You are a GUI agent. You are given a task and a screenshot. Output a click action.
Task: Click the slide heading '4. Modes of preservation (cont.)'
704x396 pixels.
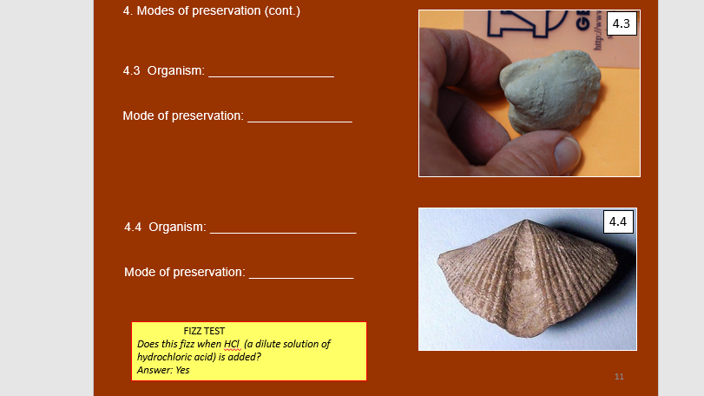[x=212, y=11]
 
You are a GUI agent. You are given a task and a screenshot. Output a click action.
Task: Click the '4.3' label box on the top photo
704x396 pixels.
[x=621, y=24]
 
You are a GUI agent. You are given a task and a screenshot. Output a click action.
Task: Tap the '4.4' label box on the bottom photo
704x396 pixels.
[x=618, y=221]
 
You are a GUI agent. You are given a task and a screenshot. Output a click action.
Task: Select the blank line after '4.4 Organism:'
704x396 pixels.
[x=283, y=229]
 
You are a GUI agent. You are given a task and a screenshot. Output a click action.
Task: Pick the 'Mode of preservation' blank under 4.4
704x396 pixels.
[x=301, y=274]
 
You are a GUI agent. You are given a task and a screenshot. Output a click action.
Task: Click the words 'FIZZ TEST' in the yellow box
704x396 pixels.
[x=204, y=331]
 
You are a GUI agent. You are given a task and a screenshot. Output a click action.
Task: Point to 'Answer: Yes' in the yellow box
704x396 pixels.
[x=163, y=370]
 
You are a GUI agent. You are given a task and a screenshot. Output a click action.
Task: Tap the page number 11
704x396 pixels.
[x=619, y=376]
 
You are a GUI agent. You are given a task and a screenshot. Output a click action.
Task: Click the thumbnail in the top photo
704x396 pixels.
[x=566, y=153]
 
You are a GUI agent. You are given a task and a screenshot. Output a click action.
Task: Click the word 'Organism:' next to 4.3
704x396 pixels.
[x=176, y=70]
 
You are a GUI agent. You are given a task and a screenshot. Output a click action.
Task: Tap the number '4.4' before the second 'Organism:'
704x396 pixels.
[x=134, y=228]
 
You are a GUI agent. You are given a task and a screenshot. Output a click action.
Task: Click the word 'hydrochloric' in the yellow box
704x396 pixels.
[x=165, y=357]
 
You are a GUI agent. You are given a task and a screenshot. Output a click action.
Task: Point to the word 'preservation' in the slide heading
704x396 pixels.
[x=236, y=11]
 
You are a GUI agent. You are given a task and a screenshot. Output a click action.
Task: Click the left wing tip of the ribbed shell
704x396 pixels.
[x=438, y=257]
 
